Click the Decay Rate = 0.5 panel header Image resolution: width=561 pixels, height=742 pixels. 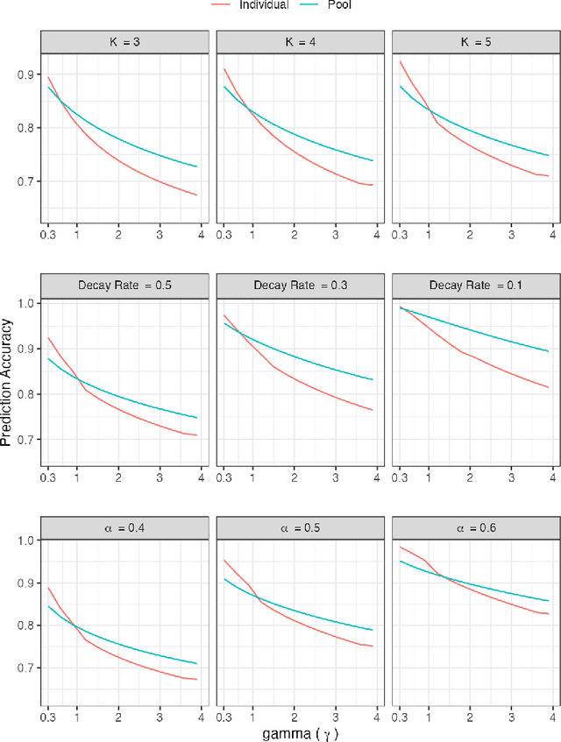pos(123,286)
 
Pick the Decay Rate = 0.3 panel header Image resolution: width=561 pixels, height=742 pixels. pos(298,286)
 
